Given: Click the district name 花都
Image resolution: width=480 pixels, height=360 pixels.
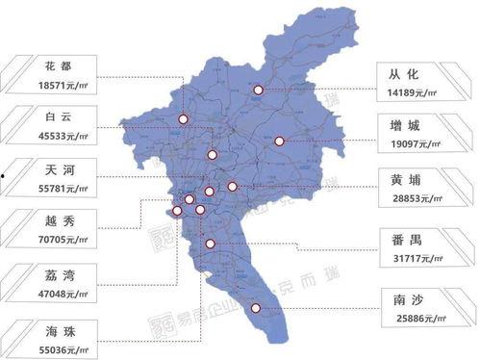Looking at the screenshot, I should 57,67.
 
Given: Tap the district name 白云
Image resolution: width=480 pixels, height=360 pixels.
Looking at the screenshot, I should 57,116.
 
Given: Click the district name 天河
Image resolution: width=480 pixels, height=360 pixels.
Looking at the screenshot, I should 57,169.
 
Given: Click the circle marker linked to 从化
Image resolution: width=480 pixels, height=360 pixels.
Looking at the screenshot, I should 259,90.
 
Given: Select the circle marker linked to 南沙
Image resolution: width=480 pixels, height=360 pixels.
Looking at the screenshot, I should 256,308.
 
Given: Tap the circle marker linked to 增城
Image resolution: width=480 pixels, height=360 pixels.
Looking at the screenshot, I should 279,141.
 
